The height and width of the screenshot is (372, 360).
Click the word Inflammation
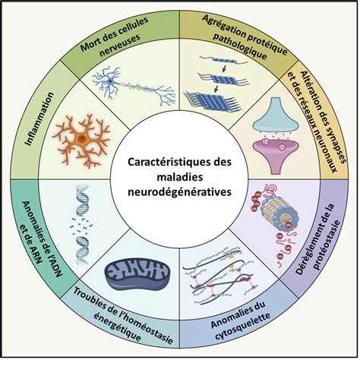click(39, 118)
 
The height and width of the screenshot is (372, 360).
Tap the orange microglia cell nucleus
click(82, 138)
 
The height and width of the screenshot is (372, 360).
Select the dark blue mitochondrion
click(138, 274)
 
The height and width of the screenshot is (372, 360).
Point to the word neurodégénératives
click(179, 191)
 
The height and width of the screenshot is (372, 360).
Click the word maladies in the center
click(180, 177)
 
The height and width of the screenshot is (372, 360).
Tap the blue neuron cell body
click(110, 81)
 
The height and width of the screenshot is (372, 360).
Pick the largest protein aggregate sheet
click(212, 102)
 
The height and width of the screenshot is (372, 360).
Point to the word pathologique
click(240, 46)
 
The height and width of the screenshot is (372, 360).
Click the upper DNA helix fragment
click(82, 199)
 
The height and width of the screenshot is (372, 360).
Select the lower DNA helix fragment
click(82, 251)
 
